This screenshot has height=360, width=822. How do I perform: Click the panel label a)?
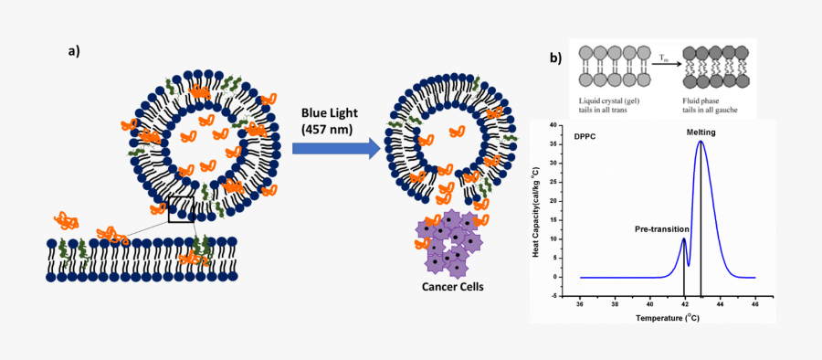(74, 50)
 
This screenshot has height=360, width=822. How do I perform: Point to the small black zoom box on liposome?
(182, 209)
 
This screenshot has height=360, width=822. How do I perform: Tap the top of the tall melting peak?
(701, 142)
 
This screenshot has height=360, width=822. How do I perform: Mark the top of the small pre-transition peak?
(684, 239)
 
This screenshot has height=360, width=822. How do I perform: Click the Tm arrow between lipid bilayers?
(665, 64)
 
